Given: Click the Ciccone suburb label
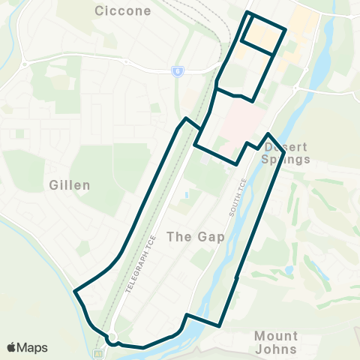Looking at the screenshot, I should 123,11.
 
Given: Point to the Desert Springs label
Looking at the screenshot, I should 286,153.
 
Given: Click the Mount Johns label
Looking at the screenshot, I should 276,342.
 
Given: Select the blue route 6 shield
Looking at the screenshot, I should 178,71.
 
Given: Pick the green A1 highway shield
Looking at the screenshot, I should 97,352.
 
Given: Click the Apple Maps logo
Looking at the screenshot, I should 27,348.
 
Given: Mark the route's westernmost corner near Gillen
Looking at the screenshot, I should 74,290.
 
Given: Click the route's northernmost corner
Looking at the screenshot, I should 249,13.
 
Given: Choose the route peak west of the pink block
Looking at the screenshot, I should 185,118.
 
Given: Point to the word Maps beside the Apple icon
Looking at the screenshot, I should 34,348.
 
